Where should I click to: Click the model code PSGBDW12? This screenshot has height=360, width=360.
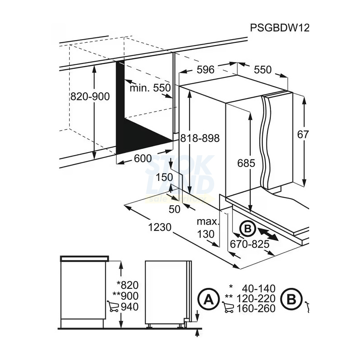coord(280,28)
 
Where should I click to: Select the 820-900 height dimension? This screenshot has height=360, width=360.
coord(90,96)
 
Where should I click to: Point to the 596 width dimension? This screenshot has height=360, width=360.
coord(205,69)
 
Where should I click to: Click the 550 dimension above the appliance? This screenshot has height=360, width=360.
coord(263,69)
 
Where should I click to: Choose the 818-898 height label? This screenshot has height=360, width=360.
coord(200,139)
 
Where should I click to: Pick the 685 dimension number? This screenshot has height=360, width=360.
coord(247,163)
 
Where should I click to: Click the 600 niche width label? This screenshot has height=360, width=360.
coord(143,158)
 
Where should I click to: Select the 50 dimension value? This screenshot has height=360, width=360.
coord(174,209)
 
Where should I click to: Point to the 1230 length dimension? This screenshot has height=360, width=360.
coord(159,227)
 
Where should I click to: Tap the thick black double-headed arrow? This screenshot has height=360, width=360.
coord(268,235)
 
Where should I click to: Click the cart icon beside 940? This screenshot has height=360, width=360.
coord(113,307)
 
